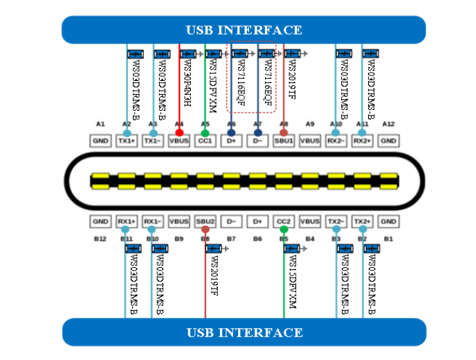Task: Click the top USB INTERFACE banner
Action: pyautogui.click(x=244, y=30)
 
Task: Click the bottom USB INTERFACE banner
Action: pyautogui.click(x=244, y=332)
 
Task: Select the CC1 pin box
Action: pyautogui.click(x=205, y=141)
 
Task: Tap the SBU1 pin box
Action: pyautogui.click(x=284, y=141)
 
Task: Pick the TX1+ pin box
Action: pyautogui.click(x=126, y=141)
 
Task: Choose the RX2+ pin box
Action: pyautogui.click(x=362, y=141)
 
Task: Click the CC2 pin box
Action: pyautogui.click(x=284, y=222)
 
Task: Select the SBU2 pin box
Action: pyautogui.click(x=205, y=222)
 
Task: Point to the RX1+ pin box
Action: pyautogui.click(x=126, y=222)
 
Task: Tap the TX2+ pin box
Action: pyautogui.click(x=362, y=222)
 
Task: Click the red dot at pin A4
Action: pyautogui.click(x=179, y=132)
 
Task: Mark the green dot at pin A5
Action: pyautogui.click(x=205, y=132)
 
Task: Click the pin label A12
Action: pyautogui.click(x=388, y=123)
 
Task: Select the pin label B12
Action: pyautogui.click(x=100, y=239)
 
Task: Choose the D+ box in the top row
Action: pyautogui.click(x=231, y=141)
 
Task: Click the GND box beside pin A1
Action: pyautogui.click(x=100, y=141)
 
